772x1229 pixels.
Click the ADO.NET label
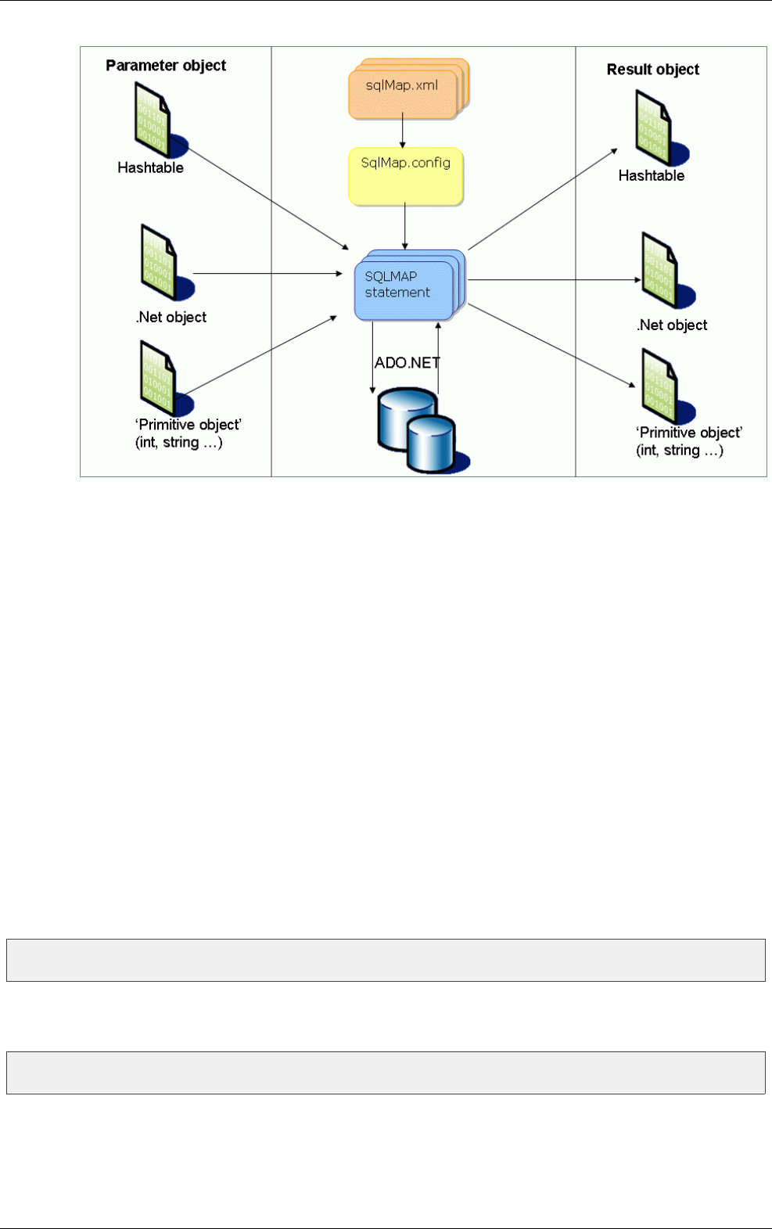point(407,363)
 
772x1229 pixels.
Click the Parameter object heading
point(166,66)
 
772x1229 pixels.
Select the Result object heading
point(652,70)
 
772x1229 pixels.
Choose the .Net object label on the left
point(171,317)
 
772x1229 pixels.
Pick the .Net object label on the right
point(672,325)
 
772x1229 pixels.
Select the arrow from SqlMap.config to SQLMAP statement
point(405,226)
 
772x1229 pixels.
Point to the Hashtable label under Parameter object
point(150,167)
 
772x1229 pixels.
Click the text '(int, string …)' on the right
point(679,450)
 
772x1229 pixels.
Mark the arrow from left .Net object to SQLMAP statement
point(266,273)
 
